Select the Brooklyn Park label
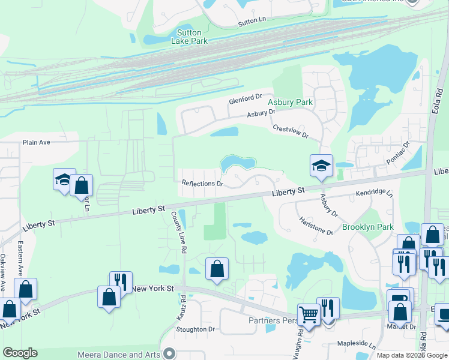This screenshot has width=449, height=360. click(x=367, y=227)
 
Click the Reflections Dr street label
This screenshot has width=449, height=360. click(x=202, y=184)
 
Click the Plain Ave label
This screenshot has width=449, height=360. click(x=37, y=143)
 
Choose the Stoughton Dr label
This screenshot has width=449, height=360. click(x=195, y=329)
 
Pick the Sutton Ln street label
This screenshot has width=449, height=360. click(x=252, y=20)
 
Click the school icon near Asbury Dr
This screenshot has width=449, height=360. click(x=321, y=166)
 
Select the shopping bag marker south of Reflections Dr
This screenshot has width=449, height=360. click(x=217, y=269)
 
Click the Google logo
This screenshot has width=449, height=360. click(x=20, y=353)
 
